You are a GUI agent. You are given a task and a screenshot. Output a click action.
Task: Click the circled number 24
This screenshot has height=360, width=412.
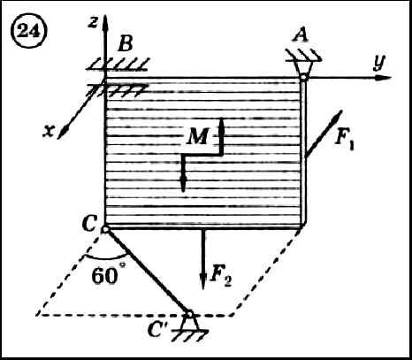click(x=28, y=32)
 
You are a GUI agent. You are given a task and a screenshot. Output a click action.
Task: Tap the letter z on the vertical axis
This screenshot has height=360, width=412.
click(x=93, y=23)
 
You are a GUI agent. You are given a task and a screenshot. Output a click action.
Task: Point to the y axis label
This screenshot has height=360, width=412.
click(x=379, y=62)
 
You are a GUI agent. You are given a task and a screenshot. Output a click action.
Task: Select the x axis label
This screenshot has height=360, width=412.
click(x=49, y=131)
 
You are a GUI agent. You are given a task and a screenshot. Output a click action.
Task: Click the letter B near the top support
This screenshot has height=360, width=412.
click(x=126, y=45)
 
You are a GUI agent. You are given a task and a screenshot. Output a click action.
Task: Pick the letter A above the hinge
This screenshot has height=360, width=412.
click(x=301, y=36)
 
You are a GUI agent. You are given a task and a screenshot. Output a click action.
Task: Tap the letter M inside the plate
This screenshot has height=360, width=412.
click(x=197, y=136)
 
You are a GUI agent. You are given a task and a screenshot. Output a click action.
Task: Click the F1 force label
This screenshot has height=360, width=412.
click(x=344, y=139)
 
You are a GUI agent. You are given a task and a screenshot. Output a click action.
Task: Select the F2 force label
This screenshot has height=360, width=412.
click(x=220, y=276)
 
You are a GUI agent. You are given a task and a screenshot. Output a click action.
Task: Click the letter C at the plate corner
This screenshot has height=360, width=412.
click(x=89, y=225)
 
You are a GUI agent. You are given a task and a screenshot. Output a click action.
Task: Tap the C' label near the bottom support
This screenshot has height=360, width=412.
click(x=158, y=329)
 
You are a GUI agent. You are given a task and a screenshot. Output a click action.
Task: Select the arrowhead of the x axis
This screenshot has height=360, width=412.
click(x=62, y=133)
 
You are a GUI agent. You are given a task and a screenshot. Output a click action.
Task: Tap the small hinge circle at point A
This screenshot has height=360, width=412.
click(x=303, y=78)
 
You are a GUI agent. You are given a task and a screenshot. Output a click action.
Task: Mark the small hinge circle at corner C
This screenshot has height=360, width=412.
click(x=104, y=229)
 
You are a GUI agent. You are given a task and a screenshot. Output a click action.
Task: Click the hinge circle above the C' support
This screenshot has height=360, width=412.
click(x=190, y=314)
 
